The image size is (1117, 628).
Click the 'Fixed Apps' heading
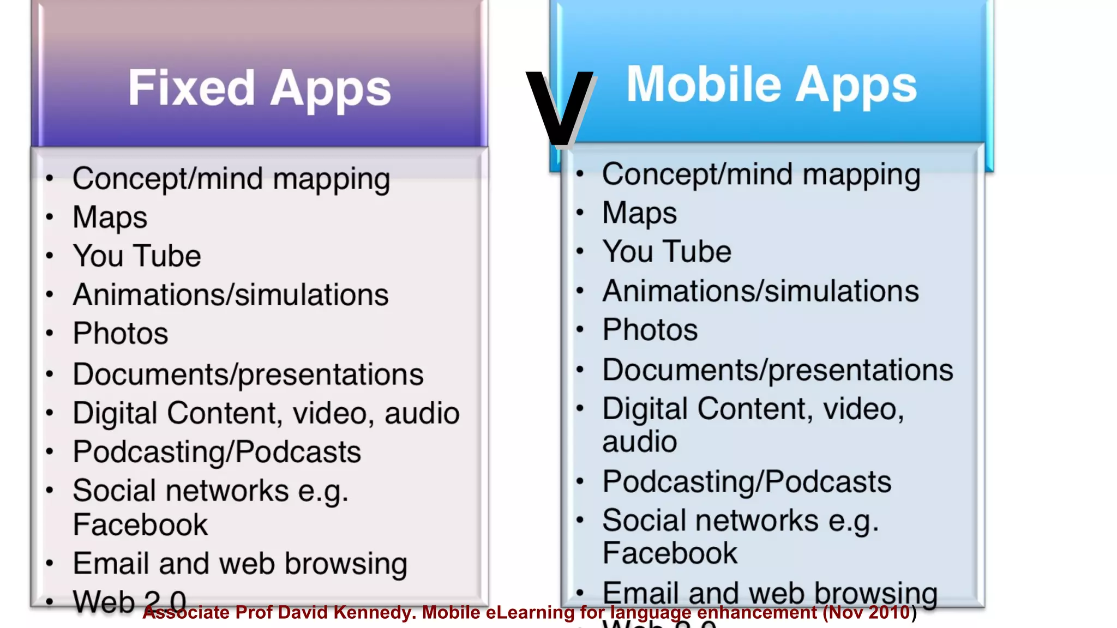click(260, 88)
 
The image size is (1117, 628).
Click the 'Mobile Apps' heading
click(772, 84)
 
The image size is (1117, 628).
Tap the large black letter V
click(559, 109)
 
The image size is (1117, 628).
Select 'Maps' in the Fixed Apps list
click(110, 218)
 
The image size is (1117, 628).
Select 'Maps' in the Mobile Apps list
click(639, 213)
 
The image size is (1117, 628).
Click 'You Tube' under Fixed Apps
click(137, 256)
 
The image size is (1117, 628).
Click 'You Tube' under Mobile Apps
click(666, 252)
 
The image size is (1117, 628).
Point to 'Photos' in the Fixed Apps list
click(121, 334)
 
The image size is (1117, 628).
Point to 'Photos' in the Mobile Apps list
click(650, 330)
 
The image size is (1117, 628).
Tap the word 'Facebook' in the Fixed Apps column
click(140, 525)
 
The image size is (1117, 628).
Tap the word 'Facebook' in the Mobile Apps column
click(670, 553)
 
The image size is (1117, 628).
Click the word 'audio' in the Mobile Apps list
click(639, 442)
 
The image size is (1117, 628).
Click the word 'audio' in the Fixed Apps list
click(422, 413)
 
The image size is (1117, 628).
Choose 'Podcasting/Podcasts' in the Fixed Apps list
click(217, 452)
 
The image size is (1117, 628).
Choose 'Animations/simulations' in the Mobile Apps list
click(760, 291)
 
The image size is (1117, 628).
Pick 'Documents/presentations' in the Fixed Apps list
click(248, 375)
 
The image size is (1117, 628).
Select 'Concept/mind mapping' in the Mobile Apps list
click(761, 174)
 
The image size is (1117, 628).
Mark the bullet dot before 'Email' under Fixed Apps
click(50, 564)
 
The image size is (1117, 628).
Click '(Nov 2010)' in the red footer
click(869, 613)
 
